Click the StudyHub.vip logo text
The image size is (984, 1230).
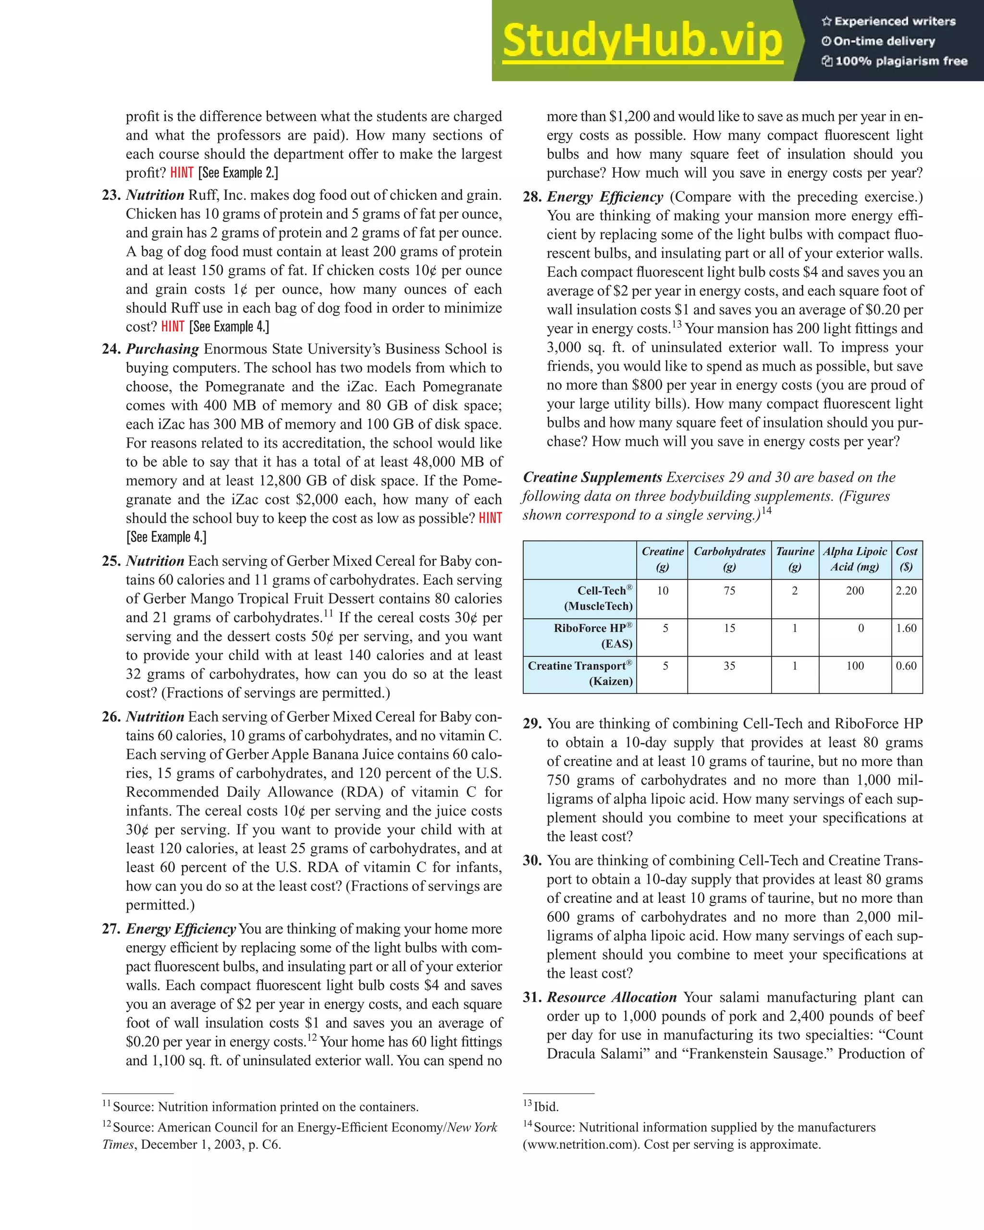pos(642,41)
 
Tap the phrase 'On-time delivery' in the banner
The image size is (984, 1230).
pos(884,41)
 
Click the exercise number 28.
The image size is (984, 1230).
pos(531,197)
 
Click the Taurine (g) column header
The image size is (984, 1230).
pos(795,559)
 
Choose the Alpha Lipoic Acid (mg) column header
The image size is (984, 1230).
pos(854,559)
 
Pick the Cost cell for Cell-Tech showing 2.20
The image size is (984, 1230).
pos(906,590)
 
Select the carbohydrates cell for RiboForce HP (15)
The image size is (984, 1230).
pos(729,628)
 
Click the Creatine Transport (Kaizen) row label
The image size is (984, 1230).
pos(580,673)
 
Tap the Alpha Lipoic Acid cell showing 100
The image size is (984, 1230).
pos(854,666)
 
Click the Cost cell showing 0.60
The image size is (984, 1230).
pos(906,666)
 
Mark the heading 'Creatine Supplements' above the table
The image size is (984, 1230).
pos(592,477)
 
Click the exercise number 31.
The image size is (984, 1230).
pos(531,997)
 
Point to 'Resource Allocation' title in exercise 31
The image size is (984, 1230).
pos(611,997)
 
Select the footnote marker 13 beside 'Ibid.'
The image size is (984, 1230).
pos(528,1103)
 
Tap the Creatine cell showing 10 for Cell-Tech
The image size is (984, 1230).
pos(662,590)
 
